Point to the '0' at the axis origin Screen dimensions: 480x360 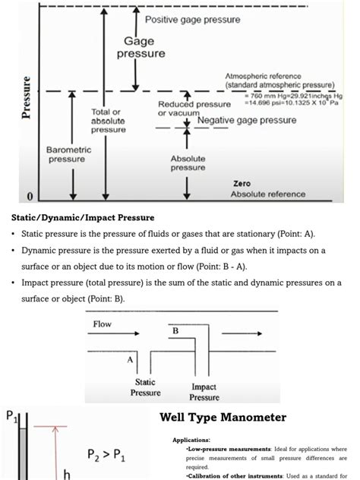coord(30,197)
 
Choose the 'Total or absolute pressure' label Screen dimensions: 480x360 coord(108,121)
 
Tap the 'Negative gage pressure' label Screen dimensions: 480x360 coord(247,120)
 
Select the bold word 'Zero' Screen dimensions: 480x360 coord(242,183)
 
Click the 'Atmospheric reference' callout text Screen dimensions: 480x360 coord(263,76)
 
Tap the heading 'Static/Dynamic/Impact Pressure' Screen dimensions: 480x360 coord(83,217)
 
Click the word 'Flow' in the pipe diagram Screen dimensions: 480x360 coord(103,324)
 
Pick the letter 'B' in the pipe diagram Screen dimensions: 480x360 coord(175,332)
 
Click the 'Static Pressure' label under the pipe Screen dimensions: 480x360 coord(144,387)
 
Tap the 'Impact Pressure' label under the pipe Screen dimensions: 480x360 coord(204,392)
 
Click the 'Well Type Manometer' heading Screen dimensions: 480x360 coord(223,418)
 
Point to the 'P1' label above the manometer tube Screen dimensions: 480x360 coord(11,417)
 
